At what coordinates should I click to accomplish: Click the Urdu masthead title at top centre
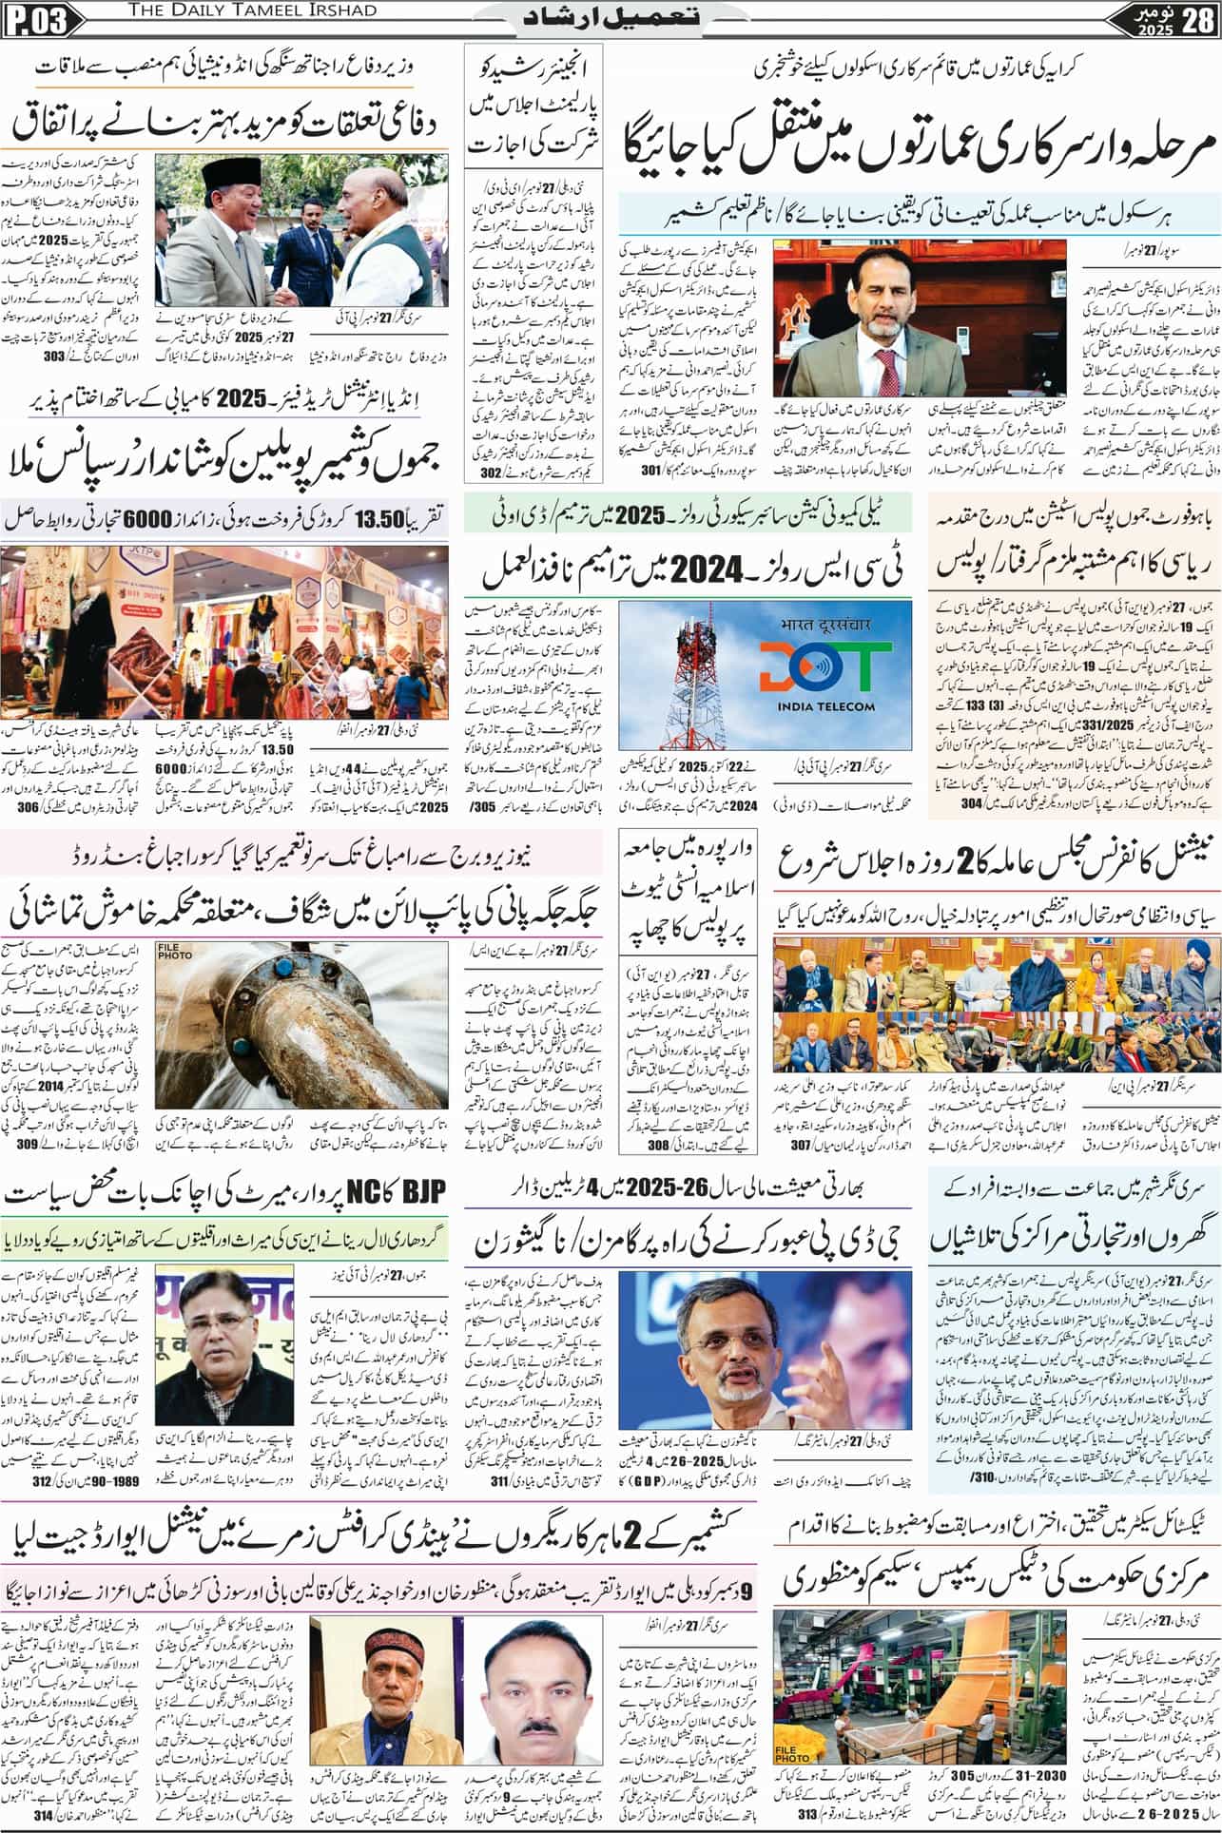(x=611, y=17)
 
